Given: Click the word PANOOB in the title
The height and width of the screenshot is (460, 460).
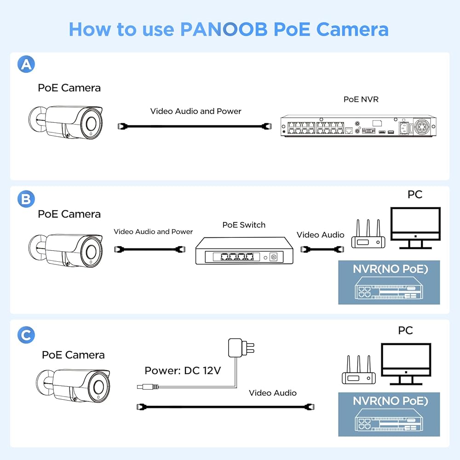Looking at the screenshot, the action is (x=224, y=29).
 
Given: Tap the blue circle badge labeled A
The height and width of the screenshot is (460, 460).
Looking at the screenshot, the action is (x=26, y=64).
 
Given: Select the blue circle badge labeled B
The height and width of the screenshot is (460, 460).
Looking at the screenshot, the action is (x=26, y=199).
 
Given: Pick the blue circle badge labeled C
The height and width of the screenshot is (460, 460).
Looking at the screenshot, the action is (x=26, y=335).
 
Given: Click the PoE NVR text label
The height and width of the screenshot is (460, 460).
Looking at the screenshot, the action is (x=361, y=99).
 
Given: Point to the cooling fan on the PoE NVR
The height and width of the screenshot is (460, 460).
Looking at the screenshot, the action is (x=422, y=126).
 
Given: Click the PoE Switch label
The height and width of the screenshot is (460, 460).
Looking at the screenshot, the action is (x=244, y=225).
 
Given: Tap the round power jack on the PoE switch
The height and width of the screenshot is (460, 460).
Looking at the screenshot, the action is (x=274, y=257).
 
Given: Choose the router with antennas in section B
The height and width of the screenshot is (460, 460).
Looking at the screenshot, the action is (x=368, y=234).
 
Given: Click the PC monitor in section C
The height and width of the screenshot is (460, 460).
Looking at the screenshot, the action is (x=406, y=364).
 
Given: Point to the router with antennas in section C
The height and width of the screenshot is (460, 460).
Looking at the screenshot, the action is (x=359, y=370).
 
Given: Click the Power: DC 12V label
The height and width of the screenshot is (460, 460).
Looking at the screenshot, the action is (x=183, y=370).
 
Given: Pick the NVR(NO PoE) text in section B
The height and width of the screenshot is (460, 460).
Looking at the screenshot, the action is (x=390, y=269).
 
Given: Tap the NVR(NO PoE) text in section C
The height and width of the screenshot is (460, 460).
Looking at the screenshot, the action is (x=390, y=401).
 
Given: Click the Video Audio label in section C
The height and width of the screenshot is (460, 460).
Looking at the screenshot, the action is (x=272, y=393).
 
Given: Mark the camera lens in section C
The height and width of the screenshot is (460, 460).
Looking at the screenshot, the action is (x=98, y=387).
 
